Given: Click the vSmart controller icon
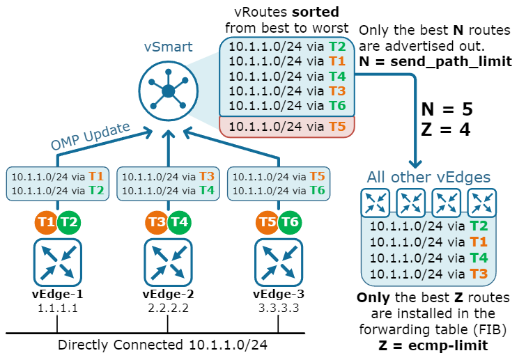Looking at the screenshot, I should [168, 91].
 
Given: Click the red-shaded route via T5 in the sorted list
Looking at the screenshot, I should [287, 127].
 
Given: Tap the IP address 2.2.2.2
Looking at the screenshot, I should [169, 307].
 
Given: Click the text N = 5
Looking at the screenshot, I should [447, 109].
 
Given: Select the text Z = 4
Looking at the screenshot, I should [447, 130].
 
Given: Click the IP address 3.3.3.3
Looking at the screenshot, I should [279, 307].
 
